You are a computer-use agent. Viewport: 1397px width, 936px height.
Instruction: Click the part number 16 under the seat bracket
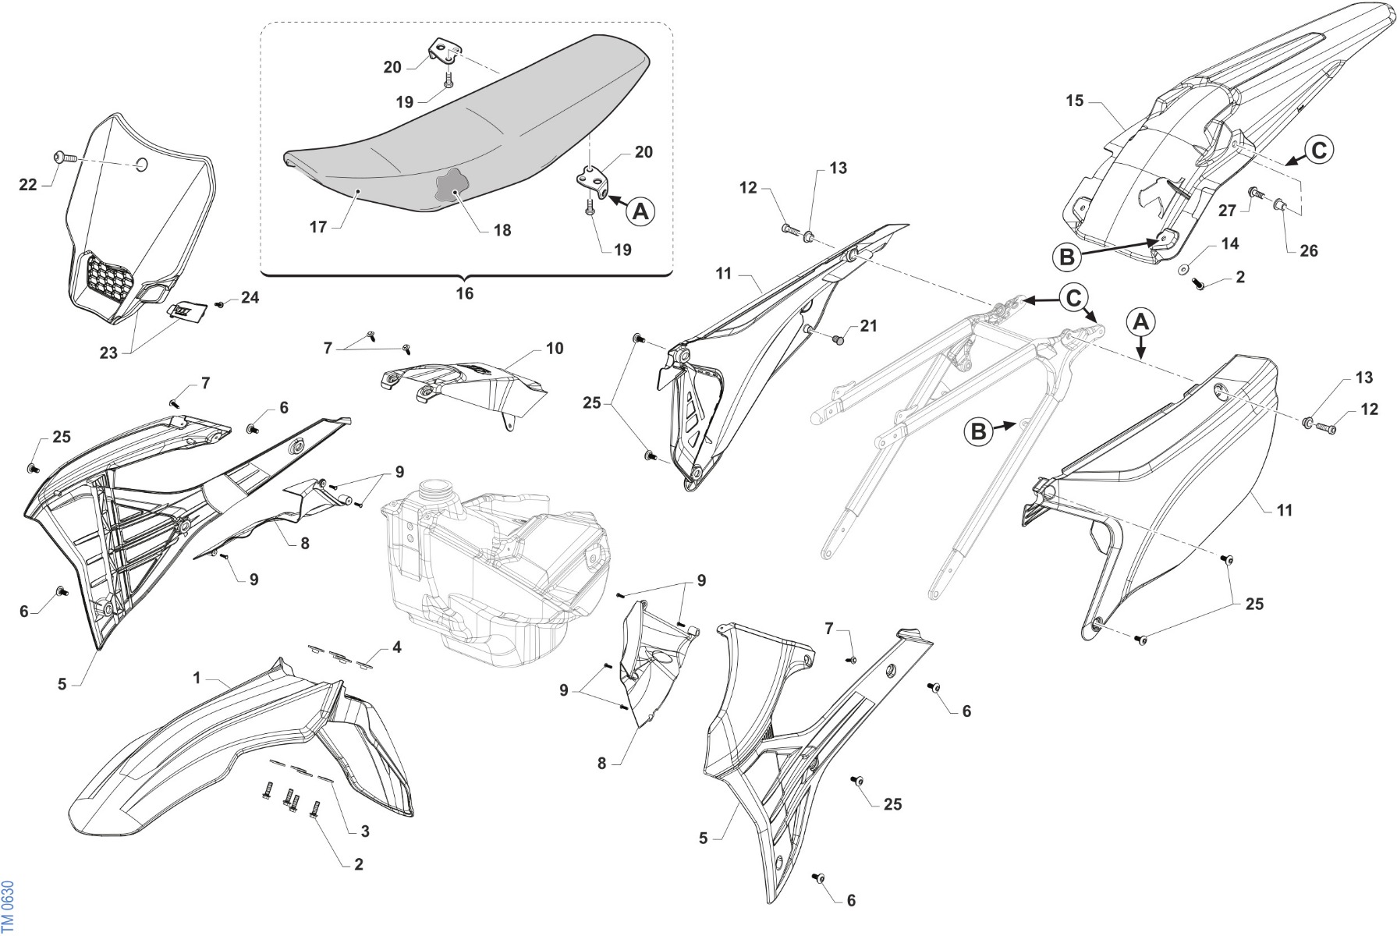464,293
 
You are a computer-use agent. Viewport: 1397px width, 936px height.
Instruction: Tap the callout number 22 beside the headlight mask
28,186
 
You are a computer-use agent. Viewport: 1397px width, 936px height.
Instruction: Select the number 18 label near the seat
502,230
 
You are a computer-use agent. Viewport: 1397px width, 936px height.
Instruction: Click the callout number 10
555,348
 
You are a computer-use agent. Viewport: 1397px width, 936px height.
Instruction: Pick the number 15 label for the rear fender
1075,101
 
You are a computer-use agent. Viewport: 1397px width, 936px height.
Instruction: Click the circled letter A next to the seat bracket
641,211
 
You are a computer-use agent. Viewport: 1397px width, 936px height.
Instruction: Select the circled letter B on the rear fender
1067,256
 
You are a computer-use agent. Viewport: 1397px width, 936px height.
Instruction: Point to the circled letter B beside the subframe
978,431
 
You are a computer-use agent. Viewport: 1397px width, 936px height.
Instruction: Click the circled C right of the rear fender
1319,149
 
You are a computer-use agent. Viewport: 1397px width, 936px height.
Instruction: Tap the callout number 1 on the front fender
197,678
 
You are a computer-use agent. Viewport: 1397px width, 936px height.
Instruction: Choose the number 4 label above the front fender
397,647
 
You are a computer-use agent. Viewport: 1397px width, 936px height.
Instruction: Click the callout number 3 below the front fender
365,831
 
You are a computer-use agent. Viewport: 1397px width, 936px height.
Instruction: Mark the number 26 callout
1309,250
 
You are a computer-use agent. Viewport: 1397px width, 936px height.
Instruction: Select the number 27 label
1227,211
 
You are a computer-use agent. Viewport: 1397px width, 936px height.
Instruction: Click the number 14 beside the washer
1229,244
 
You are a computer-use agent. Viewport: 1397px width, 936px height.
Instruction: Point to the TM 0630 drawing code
8,906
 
